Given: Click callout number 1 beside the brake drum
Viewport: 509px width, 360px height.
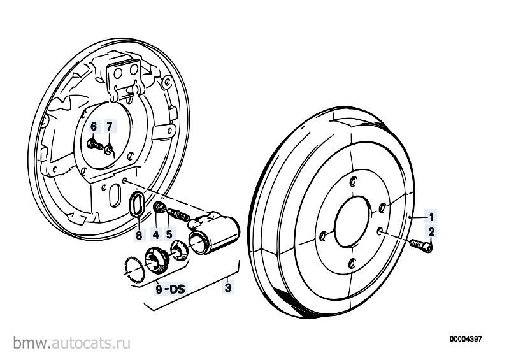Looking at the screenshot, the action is click(x=431, y=217).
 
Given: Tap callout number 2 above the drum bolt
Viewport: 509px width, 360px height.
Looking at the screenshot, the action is click(x=431, y=232).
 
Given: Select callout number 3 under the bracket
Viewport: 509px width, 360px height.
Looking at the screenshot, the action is click(x=228, y=287).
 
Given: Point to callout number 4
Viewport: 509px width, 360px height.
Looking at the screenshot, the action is click(x=156, y=234).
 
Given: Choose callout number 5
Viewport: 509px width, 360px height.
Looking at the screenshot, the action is click(x=169, y=234).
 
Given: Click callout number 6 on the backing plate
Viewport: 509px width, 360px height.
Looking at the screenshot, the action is click(x=94, y=126).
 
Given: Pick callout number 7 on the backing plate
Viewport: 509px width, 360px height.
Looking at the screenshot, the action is click(x=110, y=126).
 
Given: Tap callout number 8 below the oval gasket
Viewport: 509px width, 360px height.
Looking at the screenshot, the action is click(x=139, y=235).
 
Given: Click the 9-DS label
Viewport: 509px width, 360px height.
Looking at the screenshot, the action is click(x=170, y=288).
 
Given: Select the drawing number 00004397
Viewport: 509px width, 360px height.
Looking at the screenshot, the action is click(x=466, y=339).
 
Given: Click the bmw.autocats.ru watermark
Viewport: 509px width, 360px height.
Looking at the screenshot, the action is click(x=72, y=343).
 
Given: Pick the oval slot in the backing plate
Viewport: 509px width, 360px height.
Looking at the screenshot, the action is click(x=115, y=196).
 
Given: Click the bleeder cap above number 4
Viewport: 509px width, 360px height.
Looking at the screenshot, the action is click(x=159, y=208).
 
